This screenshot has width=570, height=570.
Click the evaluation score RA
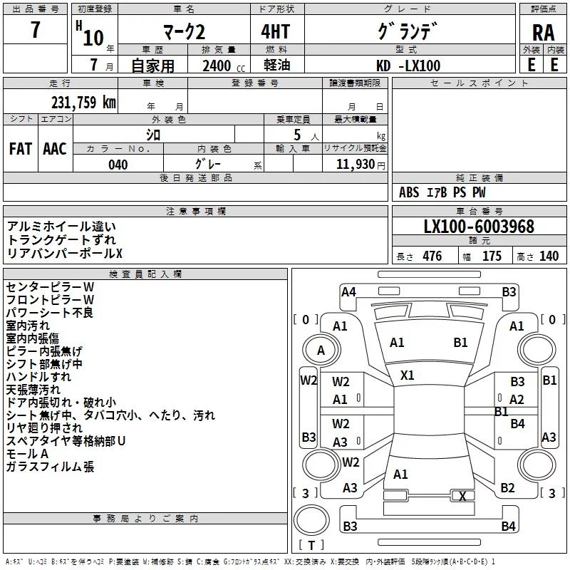point(543,32)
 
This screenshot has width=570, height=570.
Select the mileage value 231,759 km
point(83,102)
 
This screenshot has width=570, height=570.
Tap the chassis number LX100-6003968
point(479,227)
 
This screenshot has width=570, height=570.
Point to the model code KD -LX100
point(408,66)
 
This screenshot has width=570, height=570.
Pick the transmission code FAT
point(20,149)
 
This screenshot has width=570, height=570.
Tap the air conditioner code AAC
point(55,149)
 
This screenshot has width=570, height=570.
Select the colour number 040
point(118,165)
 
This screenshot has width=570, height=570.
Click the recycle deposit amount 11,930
point(354,165)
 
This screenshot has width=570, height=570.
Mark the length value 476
point(432,256)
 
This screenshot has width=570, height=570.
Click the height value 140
point(549,256)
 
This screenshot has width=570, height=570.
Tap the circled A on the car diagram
point(321,350)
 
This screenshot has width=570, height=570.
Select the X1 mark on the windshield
point(407,375)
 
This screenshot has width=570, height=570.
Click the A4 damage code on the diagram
point(348,291)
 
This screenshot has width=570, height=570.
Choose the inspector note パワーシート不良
point(50,312)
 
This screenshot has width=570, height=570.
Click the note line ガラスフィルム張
point(50,467)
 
